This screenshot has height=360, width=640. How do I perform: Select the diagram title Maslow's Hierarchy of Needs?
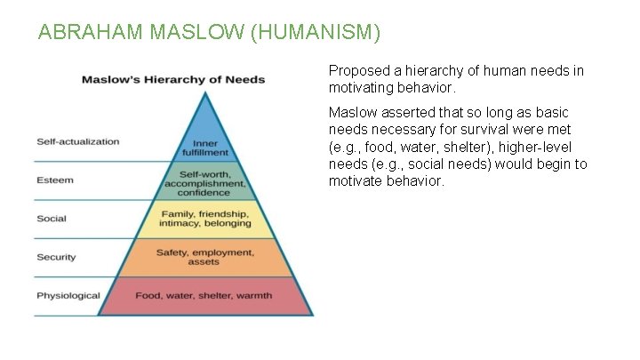(x=173, y=79)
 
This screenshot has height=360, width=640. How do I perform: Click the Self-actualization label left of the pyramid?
(x=78, y=141)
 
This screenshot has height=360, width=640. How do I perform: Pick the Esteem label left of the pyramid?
(x=55, y=180)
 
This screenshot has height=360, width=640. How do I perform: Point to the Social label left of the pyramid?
(x=52, y=219)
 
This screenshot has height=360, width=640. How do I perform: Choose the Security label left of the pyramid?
(x=56, y=257)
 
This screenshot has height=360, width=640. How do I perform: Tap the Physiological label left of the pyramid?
(x=68, y=295)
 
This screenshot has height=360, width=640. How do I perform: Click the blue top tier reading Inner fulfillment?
(x=205, y=147)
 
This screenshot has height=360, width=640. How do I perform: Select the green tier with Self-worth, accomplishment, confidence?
(x=204, y=181)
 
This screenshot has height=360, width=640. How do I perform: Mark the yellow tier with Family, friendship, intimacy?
(x=204, y=220)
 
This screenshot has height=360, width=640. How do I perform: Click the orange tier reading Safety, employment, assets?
(x=204, y=257)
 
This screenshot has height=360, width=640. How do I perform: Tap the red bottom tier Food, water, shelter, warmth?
(x=204, y=295)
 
